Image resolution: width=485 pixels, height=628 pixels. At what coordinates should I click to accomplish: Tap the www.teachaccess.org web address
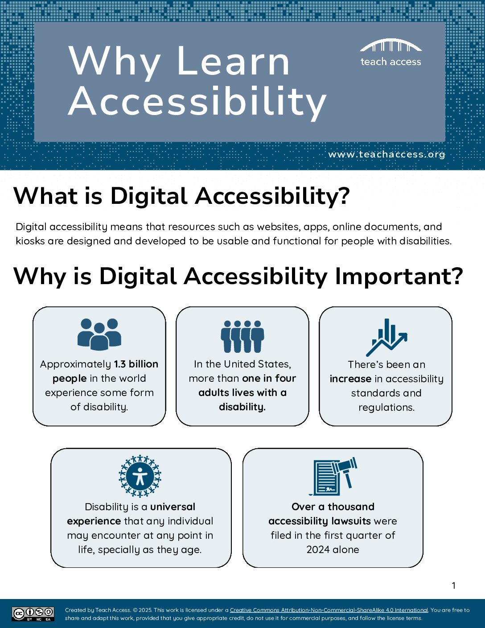tap(386, 154)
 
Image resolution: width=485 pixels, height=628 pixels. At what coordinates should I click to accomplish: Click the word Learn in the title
tap(233, 61)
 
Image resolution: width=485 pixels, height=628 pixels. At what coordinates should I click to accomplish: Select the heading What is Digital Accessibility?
tap(181, 197)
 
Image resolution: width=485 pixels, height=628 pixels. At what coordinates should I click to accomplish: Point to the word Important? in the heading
tap(399, 276)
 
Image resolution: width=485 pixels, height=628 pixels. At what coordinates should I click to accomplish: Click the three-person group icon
tap(99, 335)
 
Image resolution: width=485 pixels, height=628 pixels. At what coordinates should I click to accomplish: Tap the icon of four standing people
tap(242, 336)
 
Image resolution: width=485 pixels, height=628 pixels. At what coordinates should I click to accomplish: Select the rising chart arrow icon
tap(386, 337)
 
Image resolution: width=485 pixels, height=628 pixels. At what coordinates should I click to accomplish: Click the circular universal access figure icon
tap(140, 476)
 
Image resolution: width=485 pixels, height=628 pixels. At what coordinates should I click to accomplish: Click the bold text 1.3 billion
tap(136, 364)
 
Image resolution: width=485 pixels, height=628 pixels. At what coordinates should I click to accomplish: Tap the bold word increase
tap(350, 379)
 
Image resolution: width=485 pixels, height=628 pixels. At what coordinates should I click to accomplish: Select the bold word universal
tap(173, 507)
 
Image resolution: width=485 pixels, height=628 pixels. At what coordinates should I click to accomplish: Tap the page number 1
tap(454, 586)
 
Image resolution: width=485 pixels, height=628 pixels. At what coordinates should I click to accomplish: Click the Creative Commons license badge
tap(33, 614)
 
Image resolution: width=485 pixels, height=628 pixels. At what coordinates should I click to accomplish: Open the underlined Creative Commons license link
tap(329, 610)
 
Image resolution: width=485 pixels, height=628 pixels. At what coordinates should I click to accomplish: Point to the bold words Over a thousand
tap(333, 507)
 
